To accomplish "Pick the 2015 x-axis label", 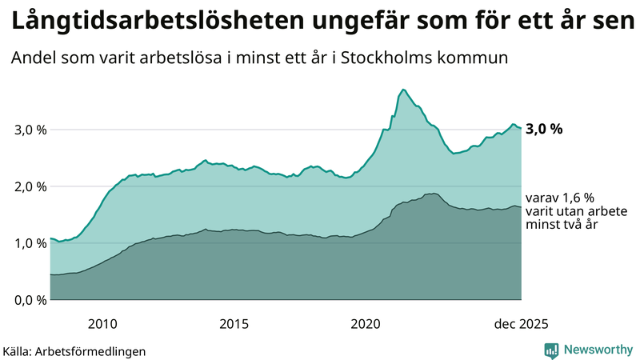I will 234,324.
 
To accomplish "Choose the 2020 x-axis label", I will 365,324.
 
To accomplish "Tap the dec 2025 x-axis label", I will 521,324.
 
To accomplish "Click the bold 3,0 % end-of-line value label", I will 545,129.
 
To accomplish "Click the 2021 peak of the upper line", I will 403,90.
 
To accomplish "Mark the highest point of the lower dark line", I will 432,194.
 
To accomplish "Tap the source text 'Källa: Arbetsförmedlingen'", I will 74,351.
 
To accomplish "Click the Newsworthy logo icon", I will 551,350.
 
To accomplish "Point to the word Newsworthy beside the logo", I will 598,350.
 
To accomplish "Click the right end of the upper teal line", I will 521,128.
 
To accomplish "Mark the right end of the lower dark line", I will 521,207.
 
